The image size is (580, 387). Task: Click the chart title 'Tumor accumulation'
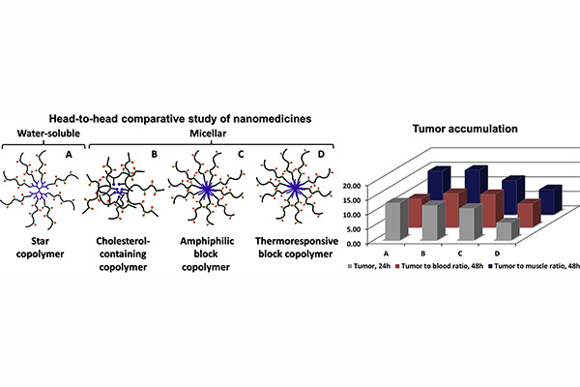(465, 129)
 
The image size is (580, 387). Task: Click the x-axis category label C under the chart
(460, 253)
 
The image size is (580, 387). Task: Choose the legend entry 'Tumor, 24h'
(369, 266)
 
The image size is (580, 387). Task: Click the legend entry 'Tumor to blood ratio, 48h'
(439, 266)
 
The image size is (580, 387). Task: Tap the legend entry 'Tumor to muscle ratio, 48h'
(534, 266)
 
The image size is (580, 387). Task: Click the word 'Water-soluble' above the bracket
(48, 133)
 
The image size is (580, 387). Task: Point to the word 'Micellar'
(208, 133)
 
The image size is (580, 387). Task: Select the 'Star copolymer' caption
(40, 248)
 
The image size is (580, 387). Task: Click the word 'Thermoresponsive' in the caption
(297, 241)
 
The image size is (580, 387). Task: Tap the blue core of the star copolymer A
(39, 191)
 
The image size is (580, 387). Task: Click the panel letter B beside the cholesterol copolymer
(155, 154)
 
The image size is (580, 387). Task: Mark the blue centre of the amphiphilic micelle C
(206, 189)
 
